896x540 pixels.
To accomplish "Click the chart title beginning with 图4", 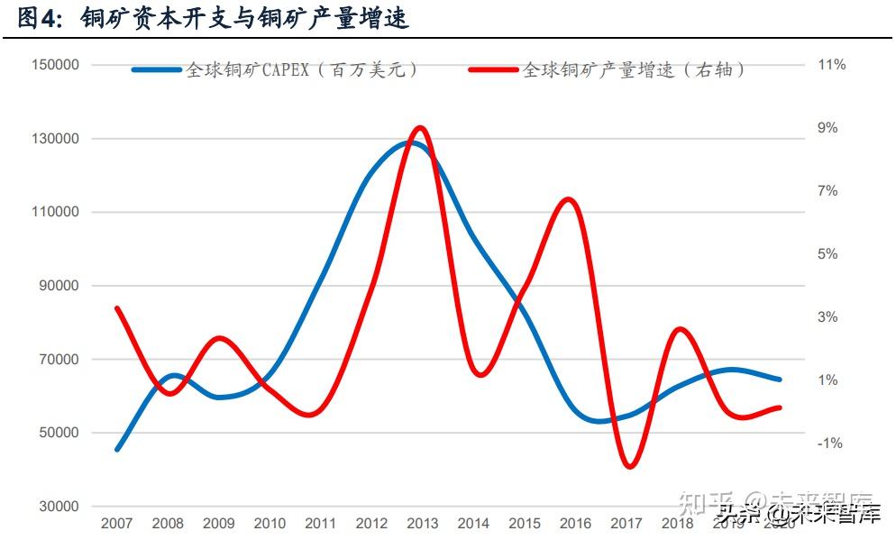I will coord(213,17).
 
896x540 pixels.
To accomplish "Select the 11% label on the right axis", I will coord(831,65).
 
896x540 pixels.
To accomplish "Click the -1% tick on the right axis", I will coord(830,444).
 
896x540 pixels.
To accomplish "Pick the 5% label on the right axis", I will coord(827,254).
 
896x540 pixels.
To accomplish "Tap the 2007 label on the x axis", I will coord(117,524).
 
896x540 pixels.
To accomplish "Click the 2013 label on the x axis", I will coord(422,524).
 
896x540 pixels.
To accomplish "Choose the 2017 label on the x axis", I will coord(626,524).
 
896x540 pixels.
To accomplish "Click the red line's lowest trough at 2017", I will coord(629,466).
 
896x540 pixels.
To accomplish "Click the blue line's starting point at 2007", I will coord(117,449).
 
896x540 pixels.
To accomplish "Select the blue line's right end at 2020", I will coord(779,380).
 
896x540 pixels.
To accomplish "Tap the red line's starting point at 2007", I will coord(117,308).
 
